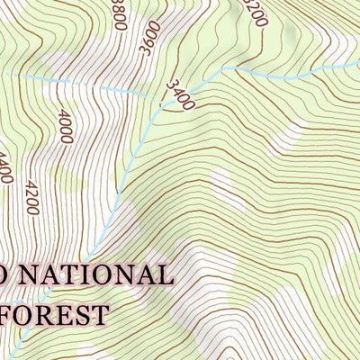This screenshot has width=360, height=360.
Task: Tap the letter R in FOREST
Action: (x=47, y=315)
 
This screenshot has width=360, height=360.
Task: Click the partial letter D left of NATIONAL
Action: (x=4, y=274)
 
